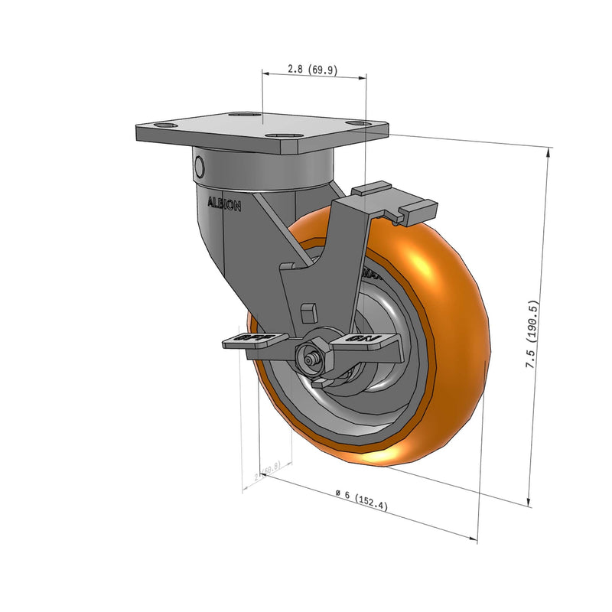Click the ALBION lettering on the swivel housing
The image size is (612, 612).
(x=225, y=204)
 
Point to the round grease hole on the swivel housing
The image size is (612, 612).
(x=200, y=166)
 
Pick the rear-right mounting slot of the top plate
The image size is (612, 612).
(x=353, y=121)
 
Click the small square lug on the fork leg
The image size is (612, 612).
(x=309, y=311)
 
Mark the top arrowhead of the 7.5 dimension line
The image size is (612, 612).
(x=549, y=151)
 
